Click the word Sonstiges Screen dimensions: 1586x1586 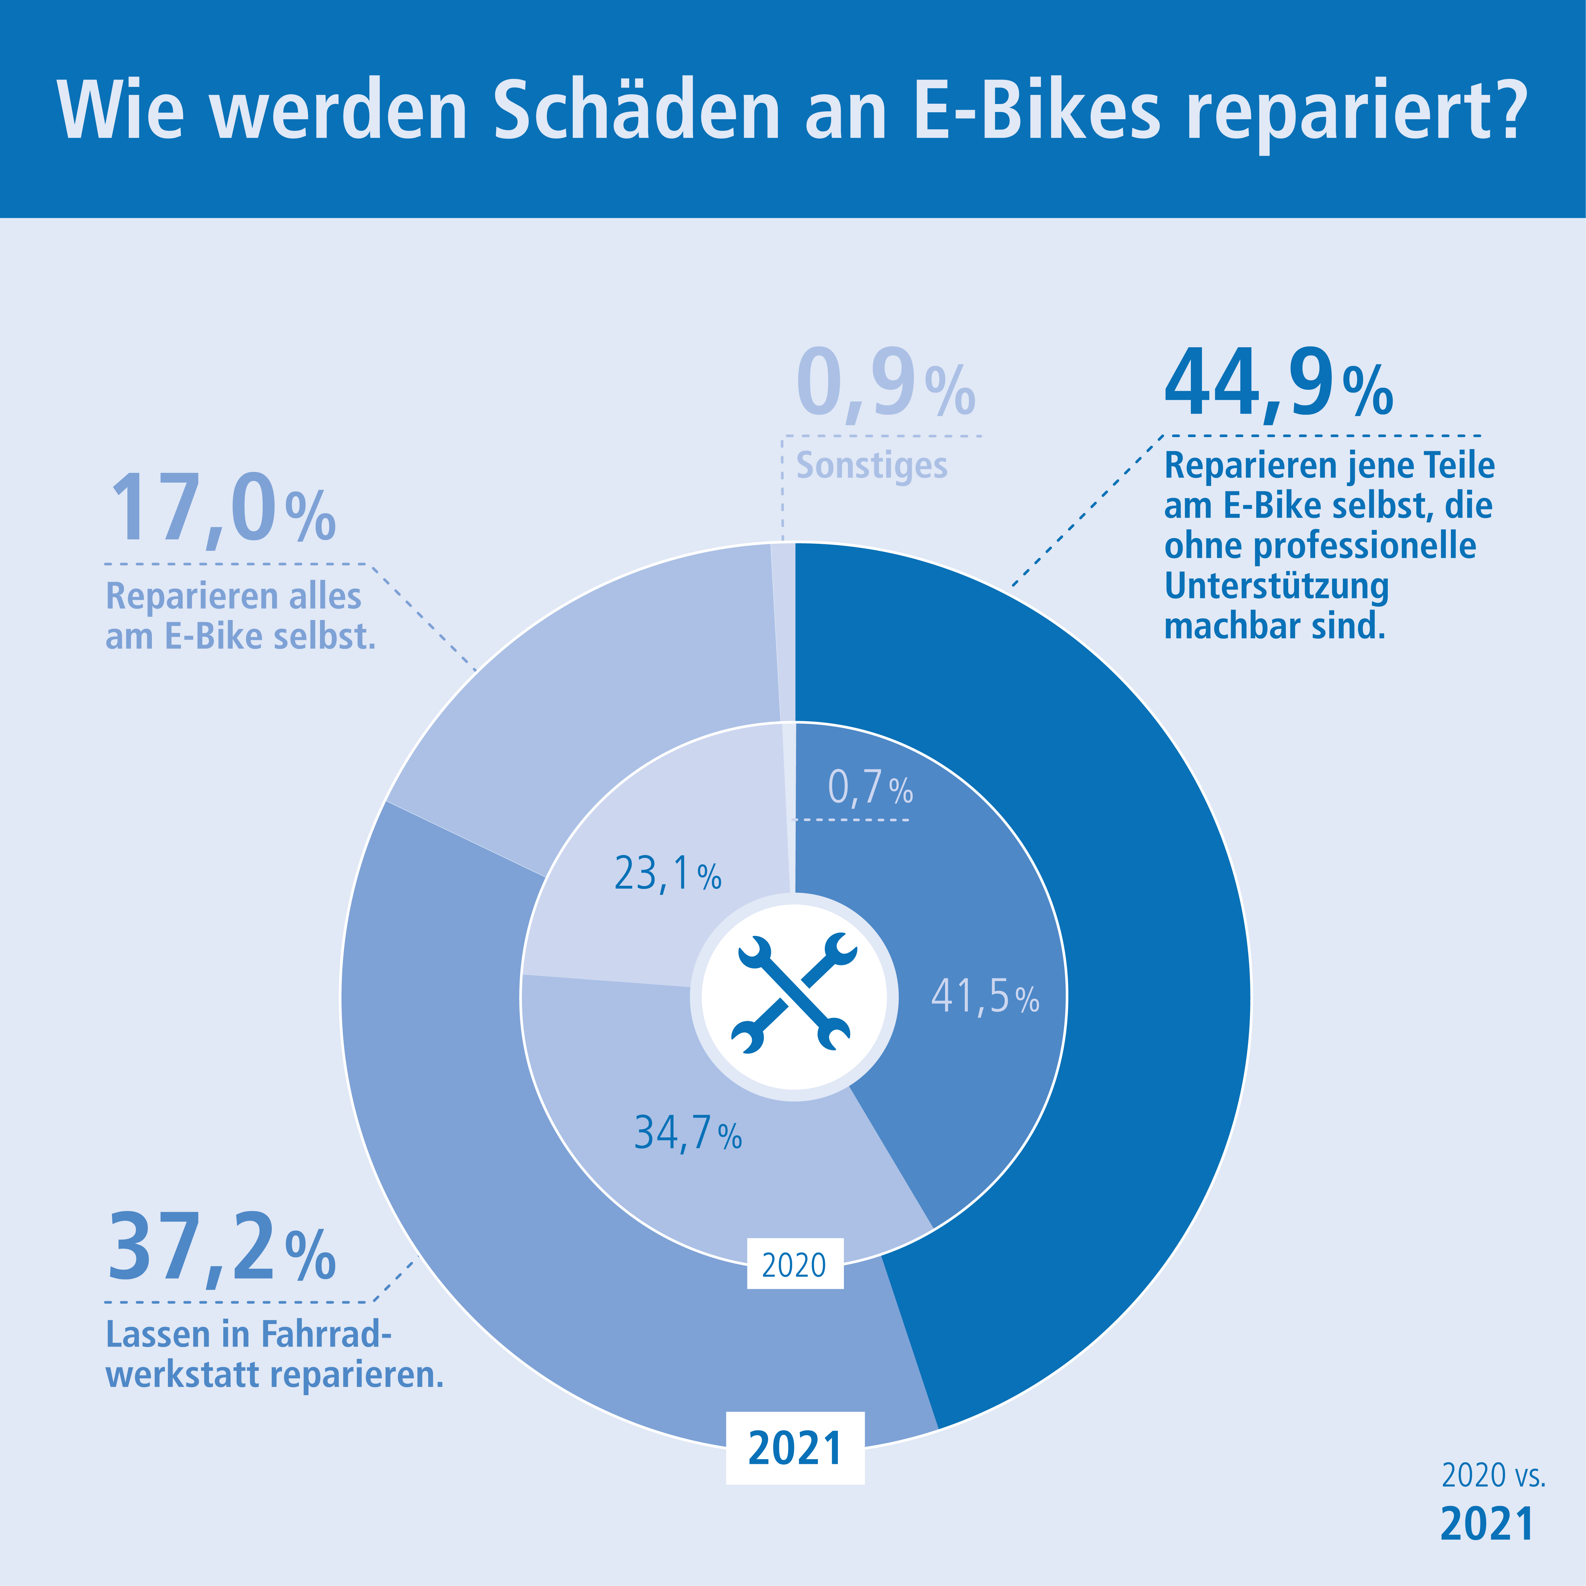point(872,466)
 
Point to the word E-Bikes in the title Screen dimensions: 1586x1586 point(1036,111)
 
